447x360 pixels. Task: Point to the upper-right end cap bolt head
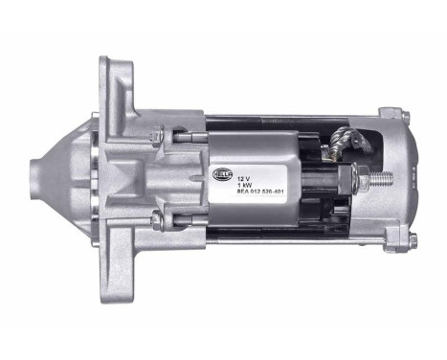(405, 118)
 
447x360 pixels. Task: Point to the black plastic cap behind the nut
(321, 177)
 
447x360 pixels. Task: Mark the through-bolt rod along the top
(287, 124)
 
